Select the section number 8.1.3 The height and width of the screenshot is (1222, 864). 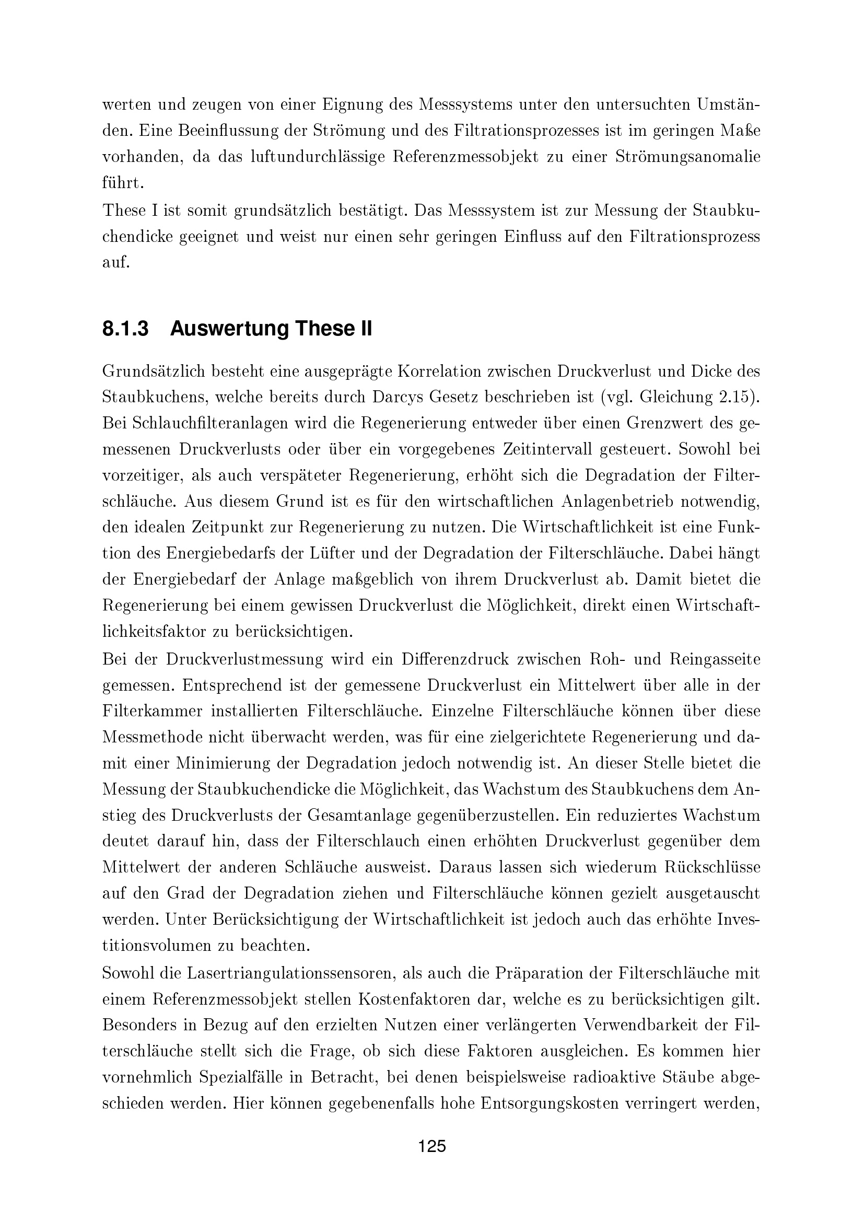pos(125,329)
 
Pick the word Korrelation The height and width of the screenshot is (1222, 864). pos(435,371)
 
